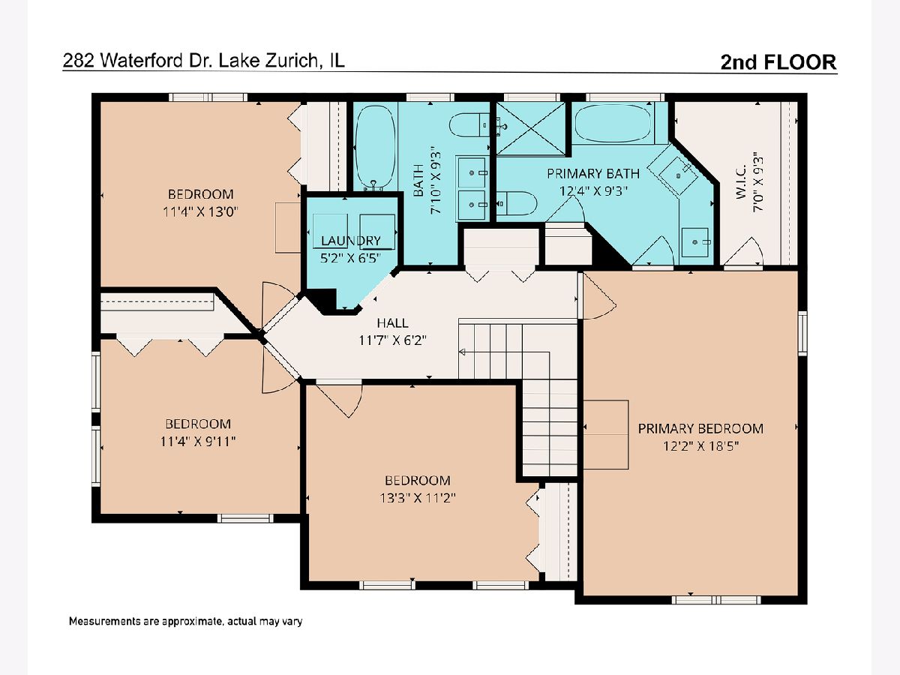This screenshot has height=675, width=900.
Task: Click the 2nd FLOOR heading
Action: pyautogui.click(x=778, y=62)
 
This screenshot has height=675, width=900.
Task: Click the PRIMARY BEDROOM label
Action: pyautogui.click(x=700, y=429)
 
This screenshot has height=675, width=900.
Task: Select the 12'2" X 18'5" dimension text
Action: pyautogui.click(x=700, y=446)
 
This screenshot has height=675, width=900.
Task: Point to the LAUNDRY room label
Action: pyautogui.click(x=350, y=241)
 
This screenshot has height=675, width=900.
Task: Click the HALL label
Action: pyautogui.click(x=392, y=323)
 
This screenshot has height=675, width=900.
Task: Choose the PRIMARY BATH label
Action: pyautogui.click(x=593, y=174)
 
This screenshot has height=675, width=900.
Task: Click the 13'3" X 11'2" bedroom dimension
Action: pyautogui.click(x=418, y=498)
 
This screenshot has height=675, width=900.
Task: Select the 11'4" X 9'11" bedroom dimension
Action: pyautogui.click(x=198, y=442)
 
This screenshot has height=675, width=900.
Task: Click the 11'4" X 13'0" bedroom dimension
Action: pyautogui.click(x=200, y=212)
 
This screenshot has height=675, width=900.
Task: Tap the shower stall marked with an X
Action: pyautogui.click(x=530, y=129)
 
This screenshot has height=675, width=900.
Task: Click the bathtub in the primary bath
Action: pyautogui.click(x=613, y=123)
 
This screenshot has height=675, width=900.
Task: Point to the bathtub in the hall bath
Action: pyautogui.click(x=374, y=148)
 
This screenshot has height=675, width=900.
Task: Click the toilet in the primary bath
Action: pyautogui.click(x=516, y=203)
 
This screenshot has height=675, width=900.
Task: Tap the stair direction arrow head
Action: pyautogui.click(x=462, y=352)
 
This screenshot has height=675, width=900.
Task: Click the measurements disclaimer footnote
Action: pyautogui.click(x=185, y=621)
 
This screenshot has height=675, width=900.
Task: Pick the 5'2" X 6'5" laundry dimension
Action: pyautogui.click(x=350, y=258)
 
